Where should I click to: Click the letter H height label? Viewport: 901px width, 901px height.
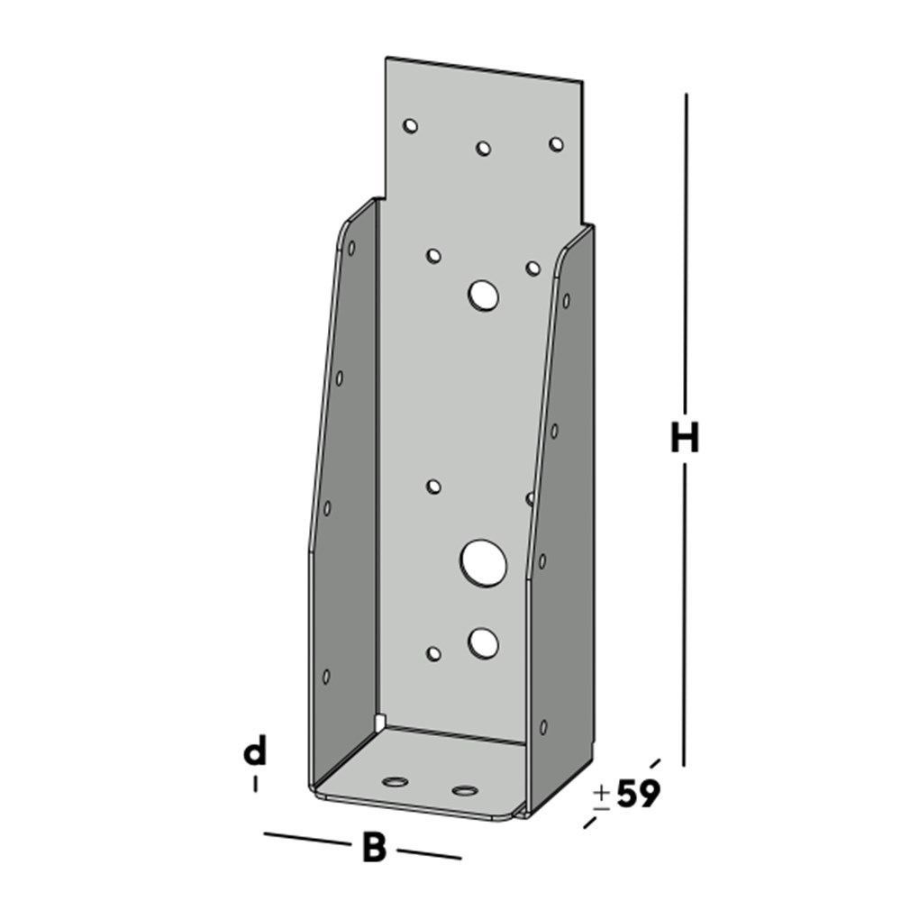[x=685, y=439]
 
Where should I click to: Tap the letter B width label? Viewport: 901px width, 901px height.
[x=374, y=849]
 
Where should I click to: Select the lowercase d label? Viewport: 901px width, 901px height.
[x=256, y=751]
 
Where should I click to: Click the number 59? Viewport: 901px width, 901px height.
[x=639, y=794]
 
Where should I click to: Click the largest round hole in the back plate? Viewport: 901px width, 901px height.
[x=483, y=561]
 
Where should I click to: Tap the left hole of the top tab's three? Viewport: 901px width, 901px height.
[x=411, y=125]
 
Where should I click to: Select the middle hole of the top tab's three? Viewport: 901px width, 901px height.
[x=483, y=148]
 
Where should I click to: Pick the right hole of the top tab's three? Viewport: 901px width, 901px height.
[x=556, y=144]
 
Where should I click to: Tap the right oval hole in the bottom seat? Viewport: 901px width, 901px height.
[x=465, y=791]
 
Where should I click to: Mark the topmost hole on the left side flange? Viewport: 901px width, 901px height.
[x=351, y=247]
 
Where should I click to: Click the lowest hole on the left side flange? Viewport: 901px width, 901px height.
[x=326, y=676]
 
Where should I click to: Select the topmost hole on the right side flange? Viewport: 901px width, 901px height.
[x=566, y=300]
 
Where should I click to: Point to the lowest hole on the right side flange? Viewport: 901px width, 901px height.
[x=542, y=726]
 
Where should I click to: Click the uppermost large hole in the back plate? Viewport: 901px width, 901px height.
[x=484, y=295]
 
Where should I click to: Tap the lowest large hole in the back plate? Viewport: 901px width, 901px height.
[x=484, y=642]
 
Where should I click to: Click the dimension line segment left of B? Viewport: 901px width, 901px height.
[x=306, y=840]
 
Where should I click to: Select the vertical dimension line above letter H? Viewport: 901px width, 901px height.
[x=687, y=252]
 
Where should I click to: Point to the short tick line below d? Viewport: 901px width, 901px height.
[x=256, y=784]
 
